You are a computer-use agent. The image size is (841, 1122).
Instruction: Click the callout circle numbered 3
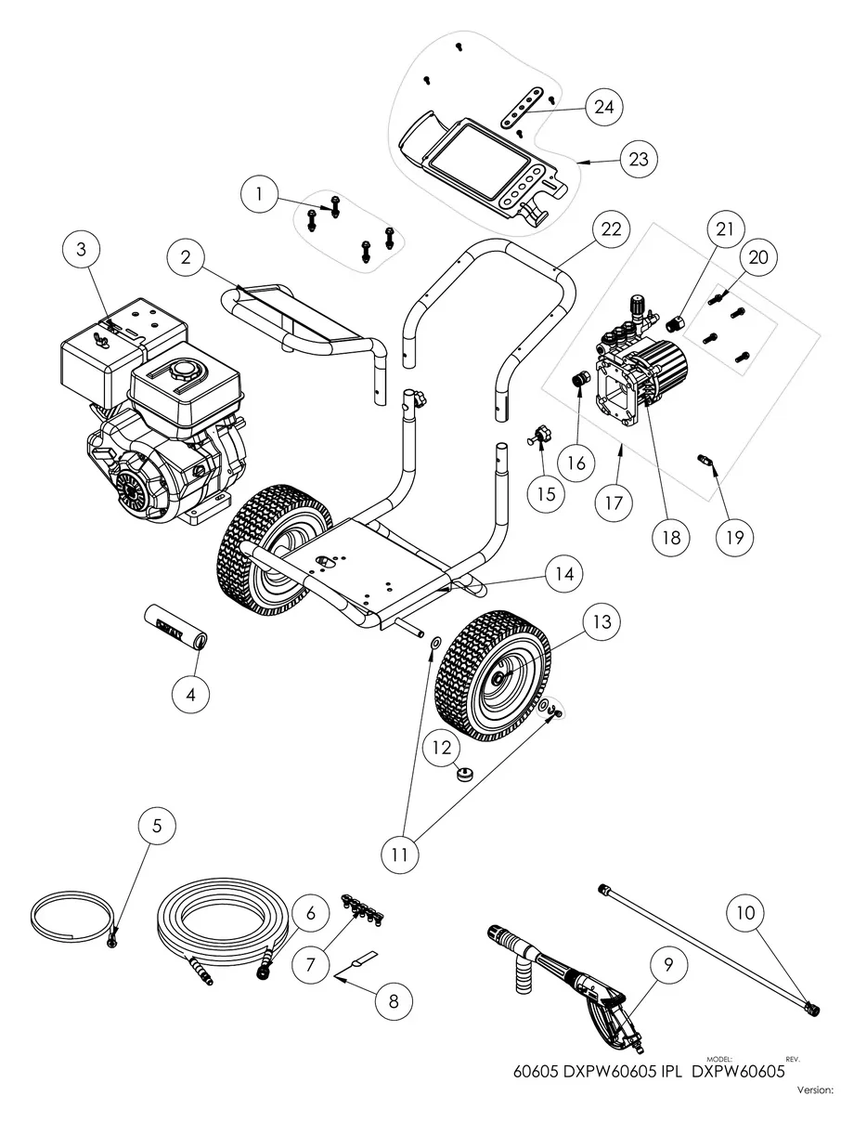tap(82, 249)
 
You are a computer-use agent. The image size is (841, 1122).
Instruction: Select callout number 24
tap(604, 107)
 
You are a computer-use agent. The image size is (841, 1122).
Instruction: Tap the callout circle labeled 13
tap(603, 621)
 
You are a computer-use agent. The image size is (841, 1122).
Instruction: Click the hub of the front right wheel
tap(501, 680)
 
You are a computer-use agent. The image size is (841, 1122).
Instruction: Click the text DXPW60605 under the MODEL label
tap(740, 1069)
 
